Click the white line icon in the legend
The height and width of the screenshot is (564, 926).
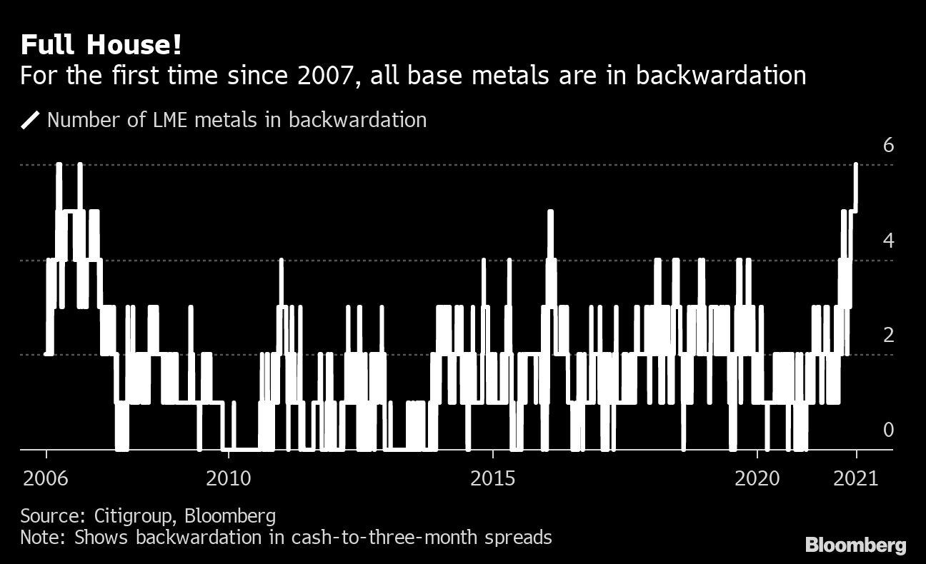[x=31, y=120]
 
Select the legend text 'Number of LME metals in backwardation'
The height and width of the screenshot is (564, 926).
[x=237, y=119]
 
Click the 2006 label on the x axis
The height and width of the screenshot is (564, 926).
[x=46, y=478]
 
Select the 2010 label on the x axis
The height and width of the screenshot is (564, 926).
[x=228, y=478]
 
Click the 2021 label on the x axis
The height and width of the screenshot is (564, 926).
[x=856, y=478]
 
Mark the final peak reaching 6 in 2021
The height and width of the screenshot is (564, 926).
[x=856, y=166]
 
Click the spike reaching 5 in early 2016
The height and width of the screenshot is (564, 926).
[x=549, y=213]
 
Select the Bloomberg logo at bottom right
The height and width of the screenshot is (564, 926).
[x=855, y=546]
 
